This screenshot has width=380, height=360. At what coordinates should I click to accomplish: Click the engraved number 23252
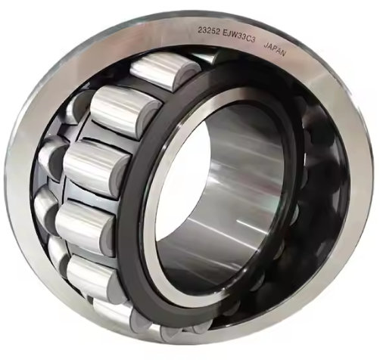(x=209, y=31)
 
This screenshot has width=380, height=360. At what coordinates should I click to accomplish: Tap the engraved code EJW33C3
(x=239, y=36)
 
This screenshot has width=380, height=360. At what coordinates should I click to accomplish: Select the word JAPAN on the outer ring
(x=275, y=49)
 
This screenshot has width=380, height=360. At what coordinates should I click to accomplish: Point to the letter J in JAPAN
(x=266, y=45)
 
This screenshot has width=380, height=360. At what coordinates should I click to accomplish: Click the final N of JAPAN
(x=283, y=53)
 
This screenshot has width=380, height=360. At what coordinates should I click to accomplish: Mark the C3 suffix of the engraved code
(x=252, y=39)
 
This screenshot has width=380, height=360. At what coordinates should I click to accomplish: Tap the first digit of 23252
(x=200, y=30)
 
